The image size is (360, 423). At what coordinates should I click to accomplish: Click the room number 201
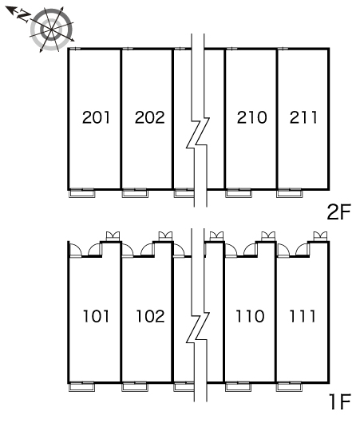[96, 117]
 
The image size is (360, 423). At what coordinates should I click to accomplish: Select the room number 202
[149, 117]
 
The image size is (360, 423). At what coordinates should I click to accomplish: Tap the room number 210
[251, 117]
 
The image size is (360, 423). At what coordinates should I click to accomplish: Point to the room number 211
[303, 117]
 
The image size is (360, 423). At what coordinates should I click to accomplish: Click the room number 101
[96, 316]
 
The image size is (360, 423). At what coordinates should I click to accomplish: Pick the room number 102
[150, 316]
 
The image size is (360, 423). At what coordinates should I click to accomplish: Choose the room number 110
[250, 316]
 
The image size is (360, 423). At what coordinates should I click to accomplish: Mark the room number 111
[303, 316]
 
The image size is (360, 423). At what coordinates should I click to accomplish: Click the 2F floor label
[339, 212]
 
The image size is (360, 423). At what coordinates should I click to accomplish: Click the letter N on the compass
[23, 16]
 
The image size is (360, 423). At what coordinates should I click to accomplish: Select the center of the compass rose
[51, 30]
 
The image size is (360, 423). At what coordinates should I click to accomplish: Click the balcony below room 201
[82, 193]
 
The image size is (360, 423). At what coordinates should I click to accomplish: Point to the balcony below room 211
[290, 193]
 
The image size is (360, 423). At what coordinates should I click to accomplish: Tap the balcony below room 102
[135, 387]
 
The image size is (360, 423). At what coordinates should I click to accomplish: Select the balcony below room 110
[239, 387]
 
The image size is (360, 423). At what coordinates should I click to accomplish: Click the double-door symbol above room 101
[113, 235]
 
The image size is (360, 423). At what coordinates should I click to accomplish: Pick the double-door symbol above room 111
[320, 235]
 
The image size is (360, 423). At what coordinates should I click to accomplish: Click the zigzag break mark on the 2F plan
[198, 132]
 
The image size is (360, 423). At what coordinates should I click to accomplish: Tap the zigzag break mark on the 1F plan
[198, 328]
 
